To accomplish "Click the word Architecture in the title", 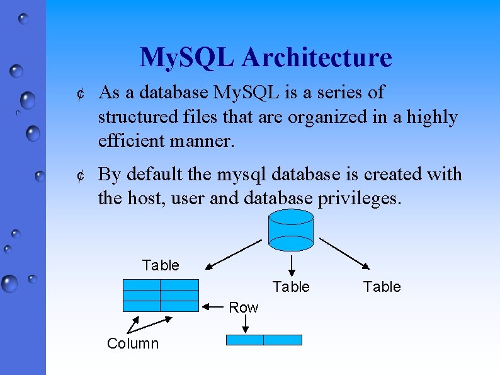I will tap(316, 57).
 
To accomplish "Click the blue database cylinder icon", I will tap(290, 228).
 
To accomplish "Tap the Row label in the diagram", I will tap(243, 308).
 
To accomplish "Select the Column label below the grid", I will tap(133, 343).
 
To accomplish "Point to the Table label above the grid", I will tap(161, 265).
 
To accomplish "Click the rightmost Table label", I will tap(382, 287).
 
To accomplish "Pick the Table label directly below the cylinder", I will tap(291, 287).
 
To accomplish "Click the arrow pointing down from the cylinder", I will tap(291, 264).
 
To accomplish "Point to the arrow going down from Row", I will tap(246, 324).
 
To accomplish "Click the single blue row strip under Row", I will tap(264, 340).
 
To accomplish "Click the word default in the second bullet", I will tap(154, 175).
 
